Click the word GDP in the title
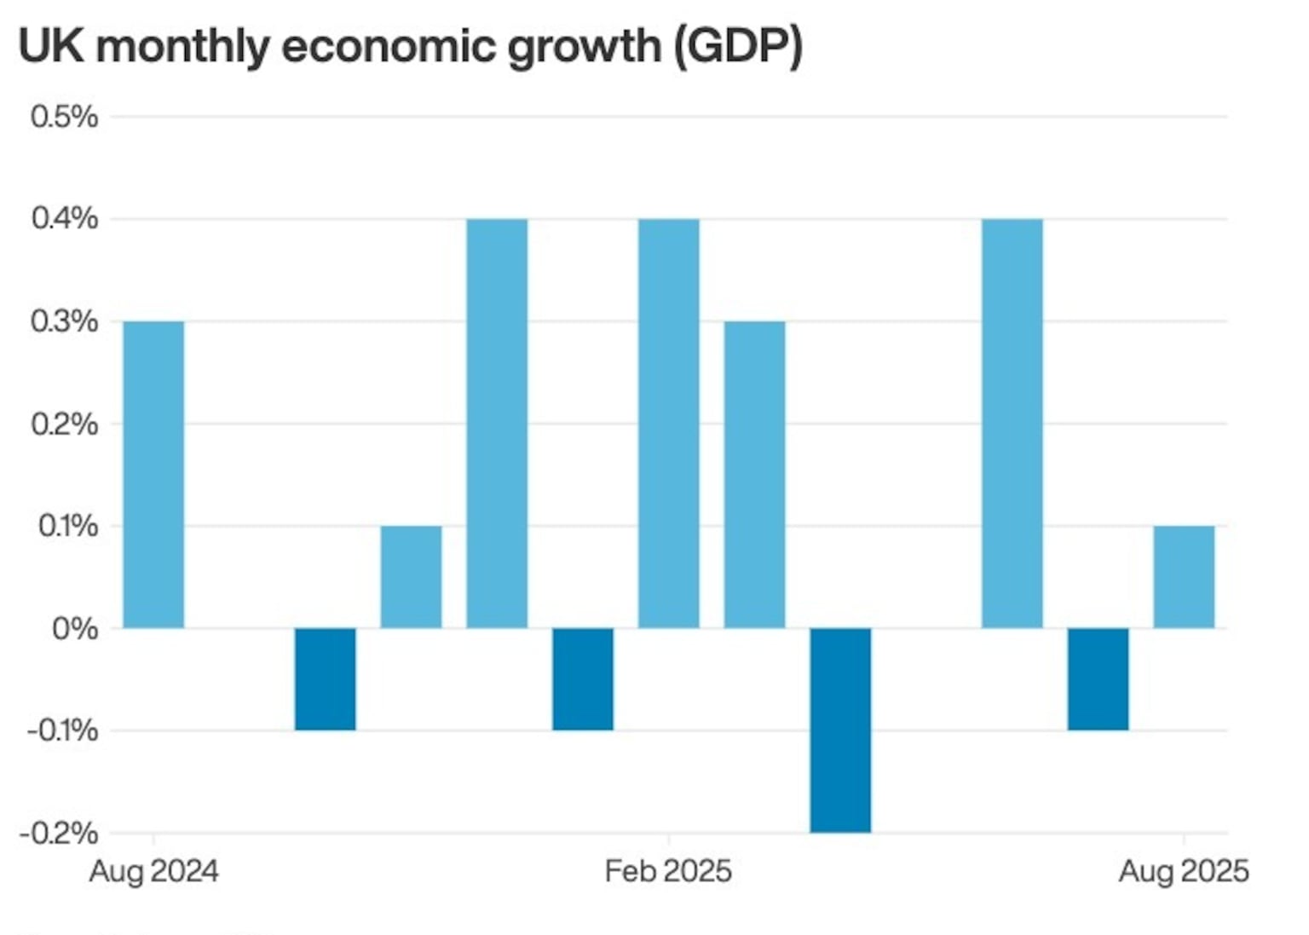(738, 46)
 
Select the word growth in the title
(584, 46)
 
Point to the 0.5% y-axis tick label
(64, 117)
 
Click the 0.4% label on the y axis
(64, 219)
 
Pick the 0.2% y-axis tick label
(64, 424)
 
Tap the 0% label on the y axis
(74, 629)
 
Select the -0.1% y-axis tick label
(61, 731)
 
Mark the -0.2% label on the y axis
(59, 833)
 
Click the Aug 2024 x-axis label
(154, 871)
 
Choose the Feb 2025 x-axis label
(668, 871)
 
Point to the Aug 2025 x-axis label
(1184, 871)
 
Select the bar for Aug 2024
(153, 475)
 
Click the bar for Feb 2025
(669, 424)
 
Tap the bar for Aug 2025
(1184, 577)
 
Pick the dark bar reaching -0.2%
(840, 730)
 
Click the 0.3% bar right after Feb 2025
(754, 475)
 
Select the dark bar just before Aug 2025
(1098, 679)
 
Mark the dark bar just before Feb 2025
(583, 679)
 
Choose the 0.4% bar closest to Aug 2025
(1012, 424)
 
